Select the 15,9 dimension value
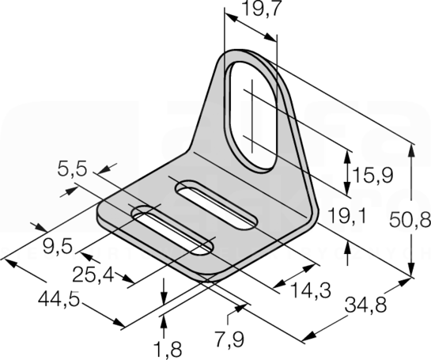pyautogui.click(x=373, y=175)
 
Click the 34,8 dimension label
pyautogui.click(x=366, y=305)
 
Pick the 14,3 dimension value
pyautogui.click(x=311, y=290)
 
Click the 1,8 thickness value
pyautogui.click(x=168, y=350)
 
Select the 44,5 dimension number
pyautogui.click(x=59, y=299)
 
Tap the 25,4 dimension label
pyautogui.click(x=93, y=275)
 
